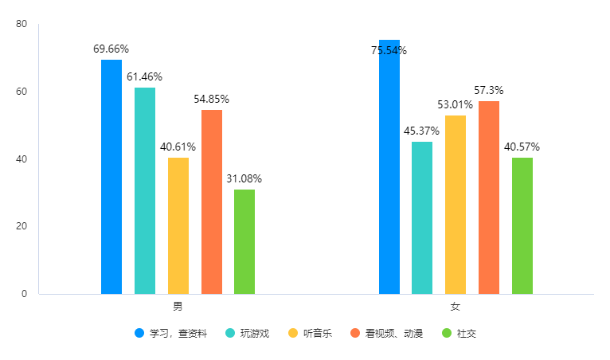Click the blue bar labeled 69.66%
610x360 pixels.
click(x=111, y=177)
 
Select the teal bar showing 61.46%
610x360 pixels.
click(x=145, y=190)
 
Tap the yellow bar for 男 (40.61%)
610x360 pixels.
click(x=178, y=225)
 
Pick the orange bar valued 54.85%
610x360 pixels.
click(x=212, y=202)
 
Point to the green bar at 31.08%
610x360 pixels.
click(x=244, y=241)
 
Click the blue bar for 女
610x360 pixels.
click(x=389, y=167)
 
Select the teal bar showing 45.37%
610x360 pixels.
click(x=422, y=217)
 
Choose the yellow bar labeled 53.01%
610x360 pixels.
click(x=456, y=205)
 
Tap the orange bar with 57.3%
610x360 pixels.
click(x=489, y=198)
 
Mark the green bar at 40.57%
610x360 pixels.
click(x=522, y=225)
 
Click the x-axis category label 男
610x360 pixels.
click(x=178, y=307)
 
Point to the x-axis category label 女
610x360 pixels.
click(x=456, y=307)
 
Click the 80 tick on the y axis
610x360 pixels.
click(x=22, y=25)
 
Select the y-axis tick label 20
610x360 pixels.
click(x=22, y=226)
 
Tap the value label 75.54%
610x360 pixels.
click(x=389, y=51)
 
